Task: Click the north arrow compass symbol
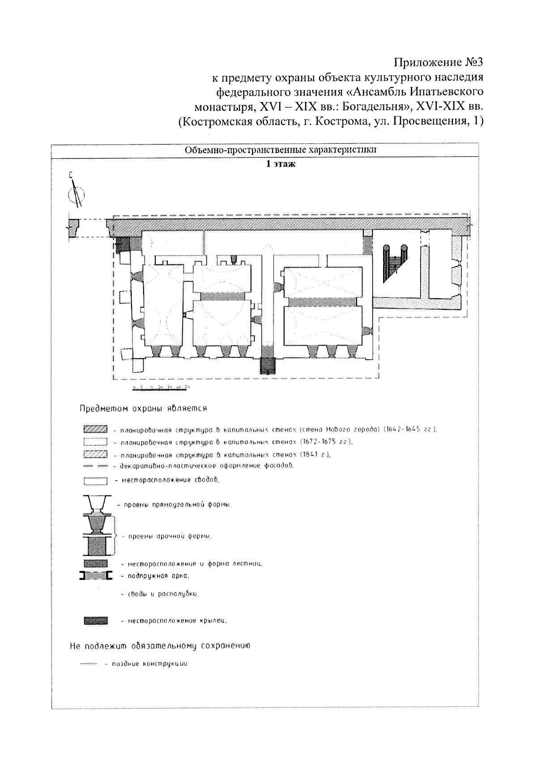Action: [76, 193]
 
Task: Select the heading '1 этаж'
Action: [281, 164]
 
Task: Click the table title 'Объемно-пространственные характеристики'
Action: [281, 150]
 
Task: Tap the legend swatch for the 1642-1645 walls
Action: [95, 430]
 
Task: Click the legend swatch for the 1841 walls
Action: [95, 454]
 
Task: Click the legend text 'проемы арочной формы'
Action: [170, 536]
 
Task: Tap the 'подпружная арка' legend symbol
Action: [95, 576]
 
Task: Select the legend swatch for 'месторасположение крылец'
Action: [95, 620]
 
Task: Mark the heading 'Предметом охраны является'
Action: [142, 408]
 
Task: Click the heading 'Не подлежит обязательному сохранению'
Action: [159, 646]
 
